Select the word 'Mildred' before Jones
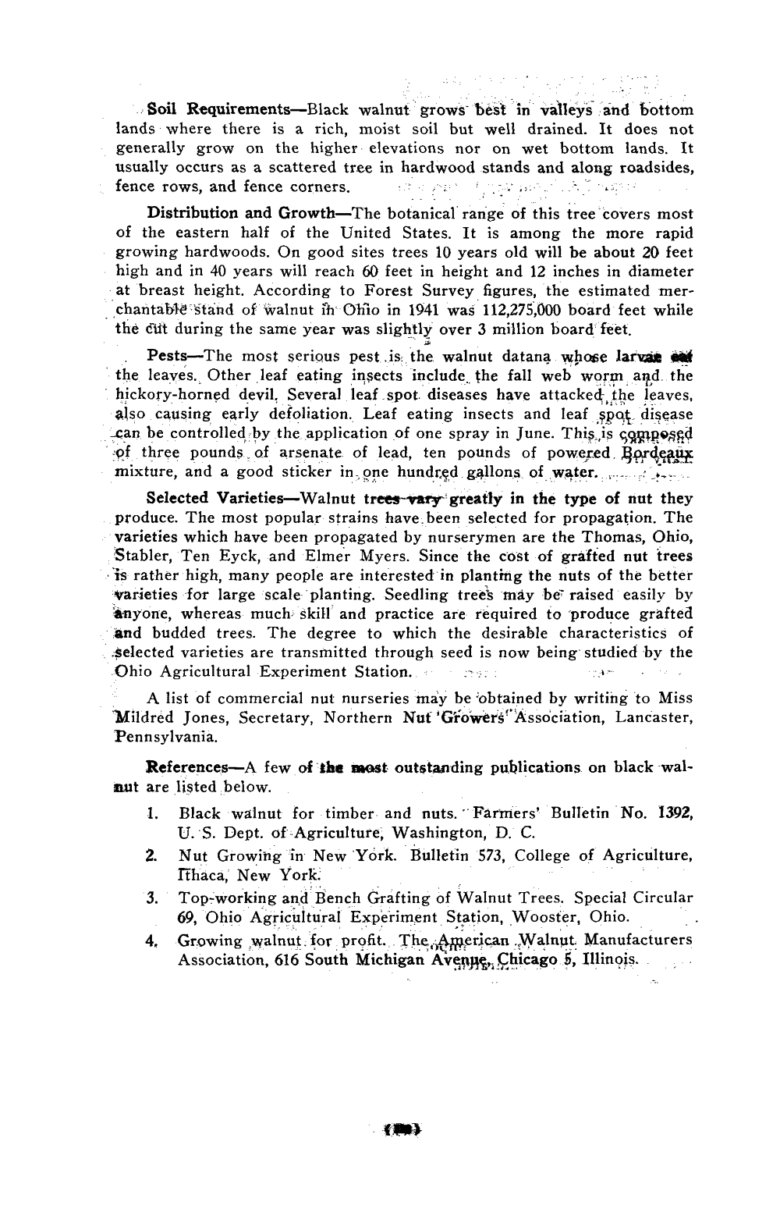pyautogui.click(x=144, y=716)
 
